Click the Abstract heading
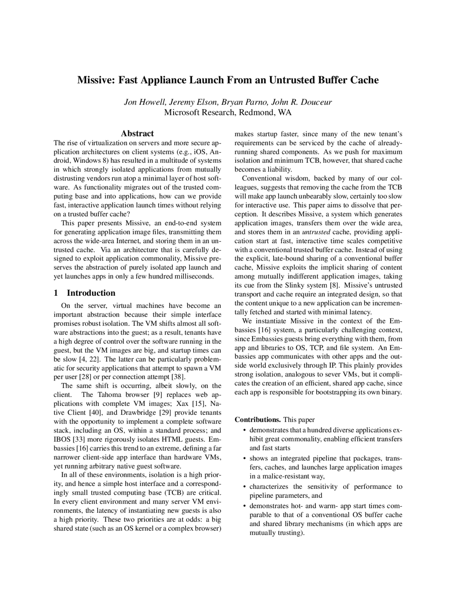(137, 134)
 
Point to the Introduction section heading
(91, 293)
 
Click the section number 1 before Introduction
(56, 293)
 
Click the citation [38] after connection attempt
(178, 377)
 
